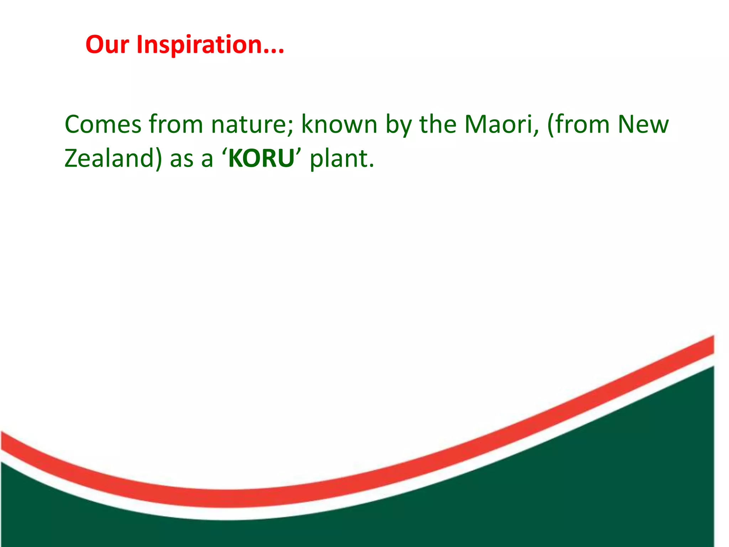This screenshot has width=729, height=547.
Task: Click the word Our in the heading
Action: click(107, 45)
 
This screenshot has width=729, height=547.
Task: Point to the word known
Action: click(339, 125)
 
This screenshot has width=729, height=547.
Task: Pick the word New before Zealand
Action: click(643, 125)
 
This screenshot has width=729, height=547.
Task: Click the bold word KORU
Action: click(262, 158)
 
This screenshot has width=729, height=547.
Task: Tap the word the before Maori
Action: click(438, 125)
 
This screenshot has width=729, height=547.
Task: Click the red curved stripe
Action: click(228, 499)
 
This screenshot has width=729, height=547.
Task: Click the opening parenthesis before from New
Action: click(551, 125)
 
